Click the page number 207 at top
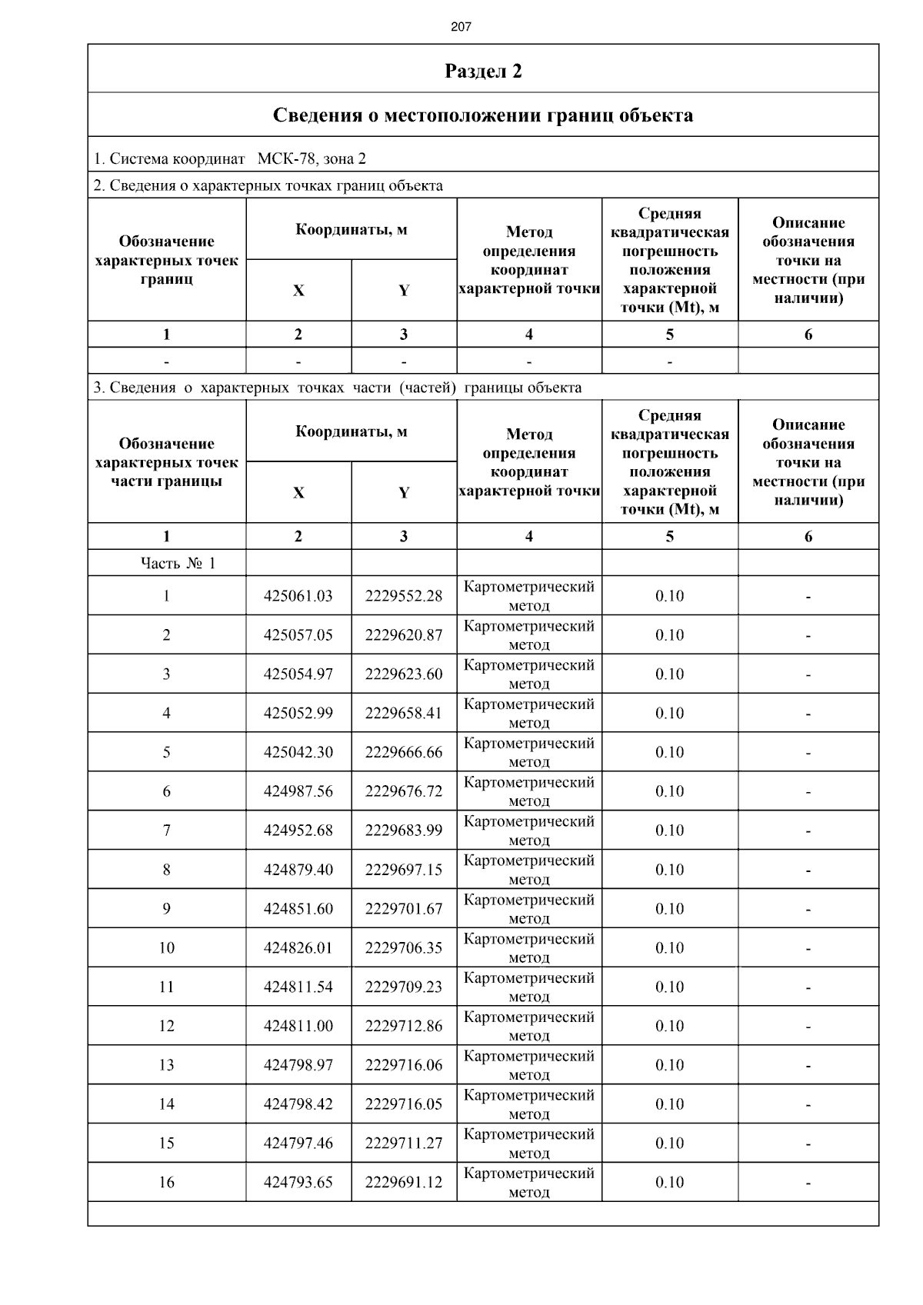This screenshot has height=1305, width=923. (x=461, y=27)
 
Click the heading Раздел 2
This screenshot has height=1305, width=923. (x=483, y=72)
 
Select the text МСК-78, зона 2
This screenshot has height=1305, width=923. (x=312, y=159)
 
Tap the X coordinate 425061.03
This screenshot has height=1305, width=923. (x=298, y=596)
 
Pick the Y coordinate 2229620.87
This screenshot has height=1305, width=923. (x=404, y=635)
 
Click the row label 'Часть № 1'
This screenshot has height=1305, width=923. (x=178, y=564)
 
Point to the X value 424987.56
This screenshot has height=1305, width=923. (x=298, y=791)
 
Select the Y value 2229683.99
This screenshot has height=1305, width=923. (x=404, y=831)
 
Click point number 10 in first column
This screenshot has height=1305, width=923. (x=167, y=948)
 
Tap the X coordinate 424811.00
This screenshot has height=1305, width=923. (x=298, y=1026)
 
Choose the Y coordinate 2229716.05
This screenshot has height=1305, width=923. (x=404, y=1104)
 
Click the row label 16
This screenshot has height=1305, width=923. (x=167, y=1183)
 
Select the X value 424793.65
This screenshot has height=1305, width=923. (x=298, y=1183)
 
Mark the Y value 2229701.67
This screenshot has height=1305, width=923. (x=404, y=909)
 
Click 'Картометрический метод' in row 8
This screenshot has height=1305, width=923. (x=529, y=870)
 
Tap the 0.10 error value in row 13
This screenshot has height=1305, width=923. (x=669, y=1065)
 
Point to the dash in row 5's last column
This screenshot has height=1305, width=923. (x=808, y=753)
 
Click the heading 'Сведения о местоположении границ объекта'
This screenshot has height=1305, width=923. (x=483, y=115)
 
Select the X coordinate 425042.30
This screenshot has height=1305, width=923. (x=298, y=753)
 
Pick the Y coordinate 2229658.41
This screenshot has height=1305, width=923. (x=404, y=714)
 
